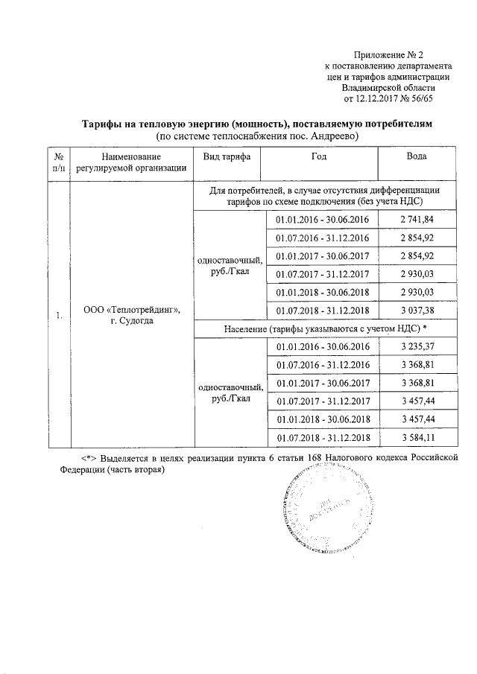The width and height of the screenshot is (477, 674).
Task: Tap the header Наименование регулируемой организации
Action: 131,162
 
